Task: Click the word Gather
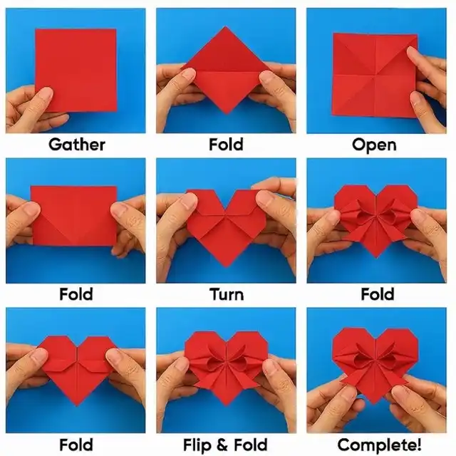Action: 77,144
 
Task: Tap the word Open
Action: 374,145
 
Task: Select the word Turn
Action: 227,294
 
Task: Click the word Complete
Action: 377,445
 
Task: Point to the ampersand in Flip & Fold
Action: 222,445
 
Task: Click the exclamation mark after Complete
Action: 419,445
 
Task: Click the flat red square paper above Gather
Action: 76,70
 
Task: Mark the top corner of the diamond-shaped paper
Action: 226,26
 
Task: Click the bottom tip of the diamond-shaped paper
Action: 227,113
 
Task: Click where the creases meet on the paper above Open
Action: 375,76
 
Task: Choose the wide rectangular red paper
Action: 74,216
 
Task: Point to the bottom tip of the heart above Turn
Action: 226,266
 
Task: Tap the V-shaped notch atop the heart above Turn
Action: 226,208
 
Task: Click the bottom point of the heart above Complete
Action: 375,404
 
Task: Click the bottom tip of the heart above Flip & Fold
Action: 226,405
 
